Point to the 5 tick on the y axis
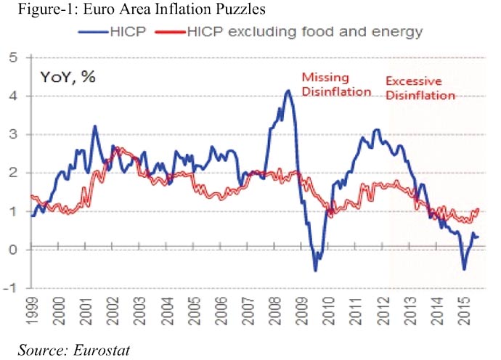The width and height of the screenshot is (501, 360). click(14, 57)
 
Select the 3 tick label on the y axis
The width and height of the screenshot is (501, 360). click(14, 134)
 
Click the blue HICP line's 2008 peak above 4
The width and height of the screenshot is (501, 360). click(288, 91)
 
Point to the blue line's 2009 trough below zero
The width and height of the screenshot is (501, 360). click(315, 271)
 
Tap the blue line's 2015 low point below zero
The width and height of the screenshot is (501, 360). click(464, 269)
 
